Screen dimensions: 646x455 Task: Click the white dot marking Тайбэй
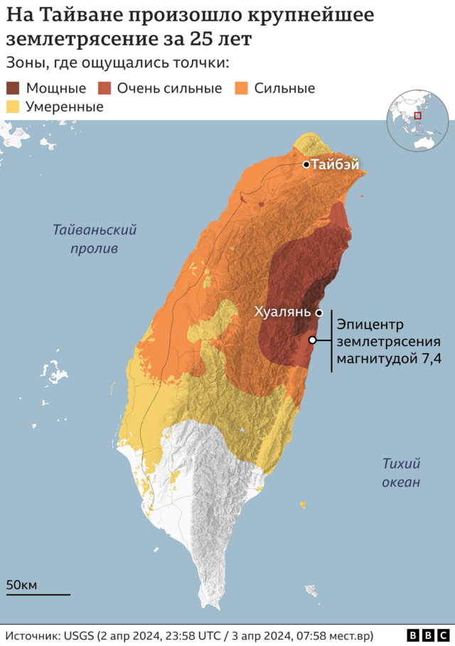[306, 165]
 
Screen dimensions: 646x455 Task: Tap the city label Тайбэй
[335, 165]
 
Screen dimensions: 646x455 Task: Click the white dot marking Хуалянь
[319, 313]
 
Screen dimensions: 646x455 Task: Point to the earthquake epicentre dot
[312, 340]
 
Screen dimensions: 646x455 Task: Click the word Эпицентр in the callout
[370, 325]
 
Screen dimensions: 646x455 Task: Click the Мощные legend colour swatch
[14, 89]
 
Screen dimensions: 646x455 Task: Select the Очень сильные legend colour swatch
[105, 89]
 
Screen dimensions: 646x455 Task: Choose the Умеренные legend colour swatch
[14, 107]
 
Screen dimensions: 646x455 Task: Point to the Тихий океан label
[401, 473]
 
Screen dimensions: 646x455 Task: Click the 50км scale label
[21, 585]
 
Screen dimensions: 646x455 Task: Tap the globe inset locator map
[417, 122]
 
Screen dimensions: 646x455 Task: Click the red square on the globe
[418, 116]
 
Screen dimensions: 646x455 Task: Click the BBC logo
[428, 635]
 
